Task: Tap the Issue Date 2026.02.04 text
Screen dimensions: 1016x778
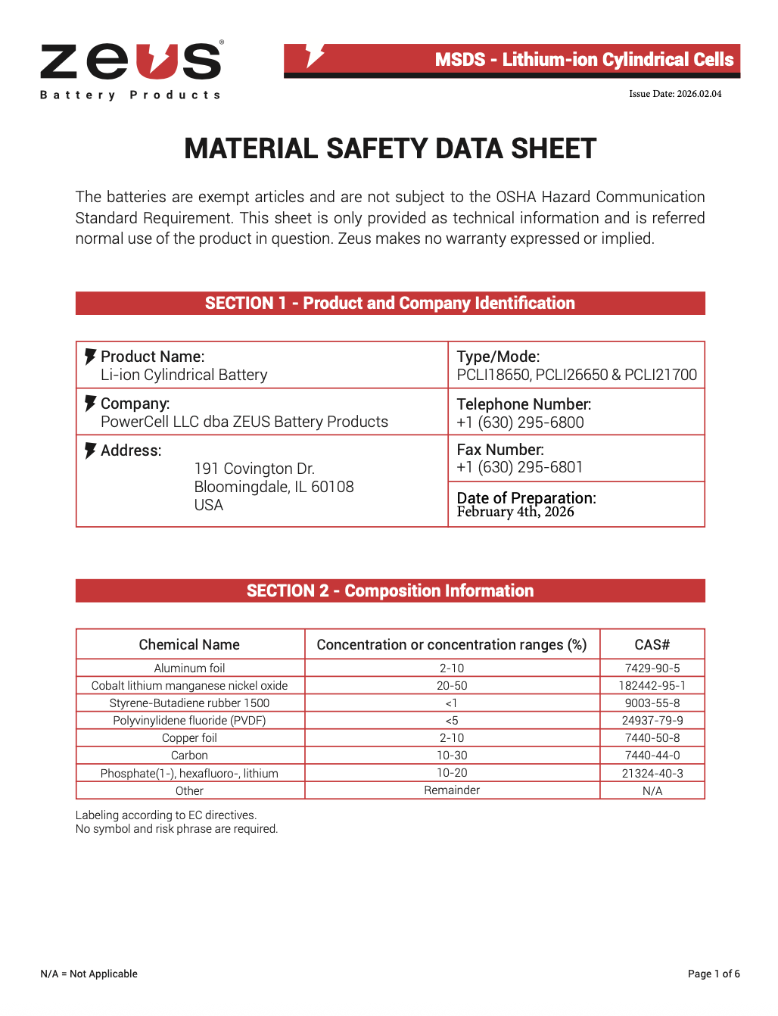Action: coord(675,94)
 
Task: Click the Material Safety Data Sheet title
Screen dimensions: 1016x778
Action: coord(390,149)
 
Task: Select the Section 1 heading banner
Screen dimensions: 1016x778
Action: coord(390,304)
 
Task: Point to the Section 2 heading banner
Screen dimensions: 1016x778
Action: coord(390,591)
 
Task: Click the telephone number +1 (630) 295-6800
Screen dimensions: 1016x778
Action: coord(520,422)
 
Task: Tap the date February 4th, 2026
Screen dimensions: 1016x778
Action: coord(515,512)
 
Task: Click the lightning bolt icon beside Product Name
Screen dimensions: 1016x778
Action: coord(90,357)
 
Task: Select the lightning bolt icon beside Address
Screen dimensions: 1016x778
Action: coord(90,450)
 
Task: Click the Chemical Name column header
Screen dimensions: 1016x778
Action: coord(189,644)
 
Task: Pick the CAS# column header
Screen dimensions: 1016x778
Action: coord(652,644)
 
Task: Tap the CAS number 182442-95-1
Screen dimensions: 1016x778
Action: coord(652,686)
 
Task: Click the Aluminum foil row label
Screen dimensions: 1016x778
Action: coord(189,669)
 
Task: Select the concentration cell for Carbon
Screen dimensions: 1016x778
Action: coord(452,756)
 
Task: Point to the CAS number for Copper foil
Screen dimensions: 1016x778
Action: coord(652,738)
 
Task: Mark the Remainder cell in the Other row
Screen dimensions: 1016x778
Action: coord(452,790)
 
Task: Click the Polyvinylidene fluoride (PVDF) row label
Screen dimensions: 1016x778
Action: coord(189,721)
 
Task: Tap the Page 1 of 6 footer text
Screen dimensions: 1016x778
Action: coord(714,974)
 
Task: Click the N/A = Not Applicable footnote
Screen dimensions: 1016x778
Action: coord(89,974)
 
